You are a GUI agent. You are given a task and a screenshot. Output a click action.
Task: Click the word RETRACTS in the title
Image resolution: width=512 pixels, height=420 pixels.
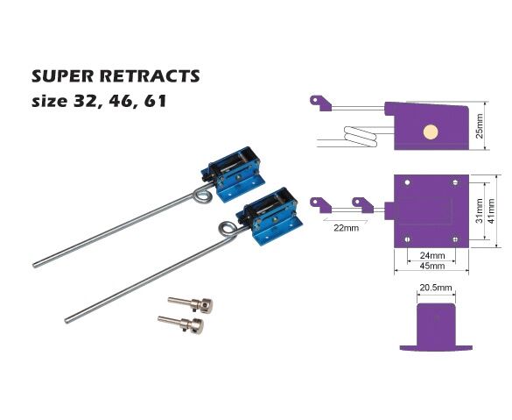[x=150, y=76]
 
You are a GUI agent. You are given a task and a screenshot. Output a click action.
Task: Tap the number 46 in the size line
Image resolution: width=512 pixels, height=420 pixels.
[x=120, y=101]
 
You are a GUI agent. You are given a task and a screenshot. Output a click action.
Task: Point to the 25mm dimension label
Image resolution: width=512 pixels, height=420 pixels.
[x=480, y=126]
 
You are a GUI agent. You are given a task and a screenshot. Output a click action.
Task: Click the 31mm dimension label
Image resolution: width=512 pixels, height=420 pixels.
[x=479, y=210]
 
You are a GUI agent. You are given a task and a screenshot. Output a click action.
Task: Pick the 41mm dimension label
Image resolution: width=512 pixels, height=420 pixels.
[x=491, y=211]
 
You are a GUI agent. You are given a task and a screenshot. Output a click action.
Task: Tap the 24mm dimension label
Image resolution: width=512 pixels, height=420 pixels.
[x=432, y=255]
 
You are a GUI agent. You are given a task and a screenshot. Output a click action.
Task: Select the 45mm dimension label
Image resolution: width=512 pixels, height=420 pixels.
[x=432, y=266]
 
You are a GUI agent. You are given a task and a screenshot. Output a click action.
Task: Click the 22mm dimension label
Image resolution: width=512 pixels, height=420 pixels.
[x=346, y=228]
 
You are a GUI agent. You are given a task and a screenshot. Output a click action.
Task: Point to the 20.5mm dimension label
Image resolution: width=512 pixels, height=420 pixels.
[x=436, y=288]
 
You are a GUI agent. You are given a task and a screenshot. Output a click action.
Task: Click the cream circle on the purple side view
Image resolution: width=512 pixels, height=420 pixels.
[x=431, y=132]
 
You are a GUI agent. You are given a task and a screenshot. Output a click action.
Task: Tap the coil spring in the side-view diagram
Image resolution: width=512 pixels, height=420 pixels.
[x=361, y=137]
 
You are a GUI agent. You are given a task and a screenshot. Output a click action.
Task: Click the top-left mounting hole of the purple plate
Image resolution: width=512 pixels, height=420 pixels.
[x=407, y=182]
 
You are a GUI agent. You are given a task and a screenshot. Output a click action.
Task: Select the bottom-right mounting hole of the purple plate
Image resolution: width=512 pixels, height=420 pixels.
[x=455, y=239]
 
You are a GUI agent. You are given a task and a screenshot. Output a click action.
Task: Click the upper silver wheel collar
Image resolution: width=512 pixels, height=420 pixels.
[x=191, y=304]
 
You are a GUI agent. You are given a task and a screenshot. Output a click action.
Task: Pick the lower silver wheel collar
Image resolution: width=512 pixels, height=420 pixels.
[x=181, y=324]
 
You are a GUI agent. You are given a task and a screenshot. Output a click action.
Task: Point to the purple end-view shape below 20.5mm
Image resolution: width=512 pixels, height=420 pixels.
[x=436, y=327]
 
